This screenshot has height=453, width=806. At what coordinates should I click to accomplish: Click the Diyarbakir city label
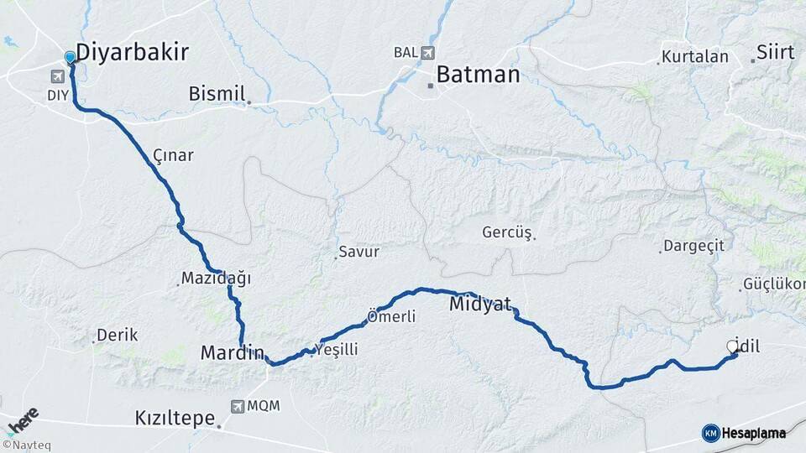(x=133, y=52)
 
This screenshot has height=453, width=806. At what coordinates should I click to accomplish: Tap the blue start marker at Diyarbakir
(x=70, y=57)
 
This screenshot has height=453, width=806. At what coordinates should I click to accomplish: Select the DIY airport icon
(x=57, y=77)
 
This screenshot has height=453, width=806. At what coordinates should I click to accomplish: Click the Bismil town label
(x=216, y=93)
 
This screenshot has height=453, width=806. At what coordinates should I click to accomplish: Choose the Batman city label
(x=478, y=75)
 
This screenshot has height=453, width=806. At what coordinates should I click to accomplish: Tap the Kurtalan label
(x=694, y=57)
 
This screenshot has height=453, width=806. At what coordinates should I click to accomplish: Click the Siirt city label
(x=775, y=52)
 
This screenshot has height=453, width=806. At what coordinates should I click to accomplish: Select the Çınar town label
(x=173, y=155)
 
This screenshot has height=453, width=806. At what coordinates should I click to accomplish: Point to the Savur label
(x=359, y=251)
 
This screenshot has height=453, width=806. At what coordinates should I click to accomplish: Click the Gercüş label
(x=507, y=232)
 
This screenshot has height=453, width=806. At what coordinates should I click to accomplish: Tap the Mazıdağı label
(x=216, y=278)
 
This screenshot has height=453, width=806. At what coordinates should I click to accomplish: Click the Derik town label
(x=117, y=335)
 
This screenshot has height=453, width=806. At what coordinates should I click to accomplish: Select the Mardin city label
(x=232, y=353)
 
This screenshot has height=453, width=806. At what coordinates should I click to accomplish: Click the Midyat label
(x=480, y=304)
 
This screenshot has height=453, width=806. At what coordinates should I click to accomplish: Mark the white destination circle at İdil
(x=731, y=346)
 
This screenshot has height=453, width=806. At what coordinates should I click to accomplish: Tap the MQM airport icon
(x=238, y=406)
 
